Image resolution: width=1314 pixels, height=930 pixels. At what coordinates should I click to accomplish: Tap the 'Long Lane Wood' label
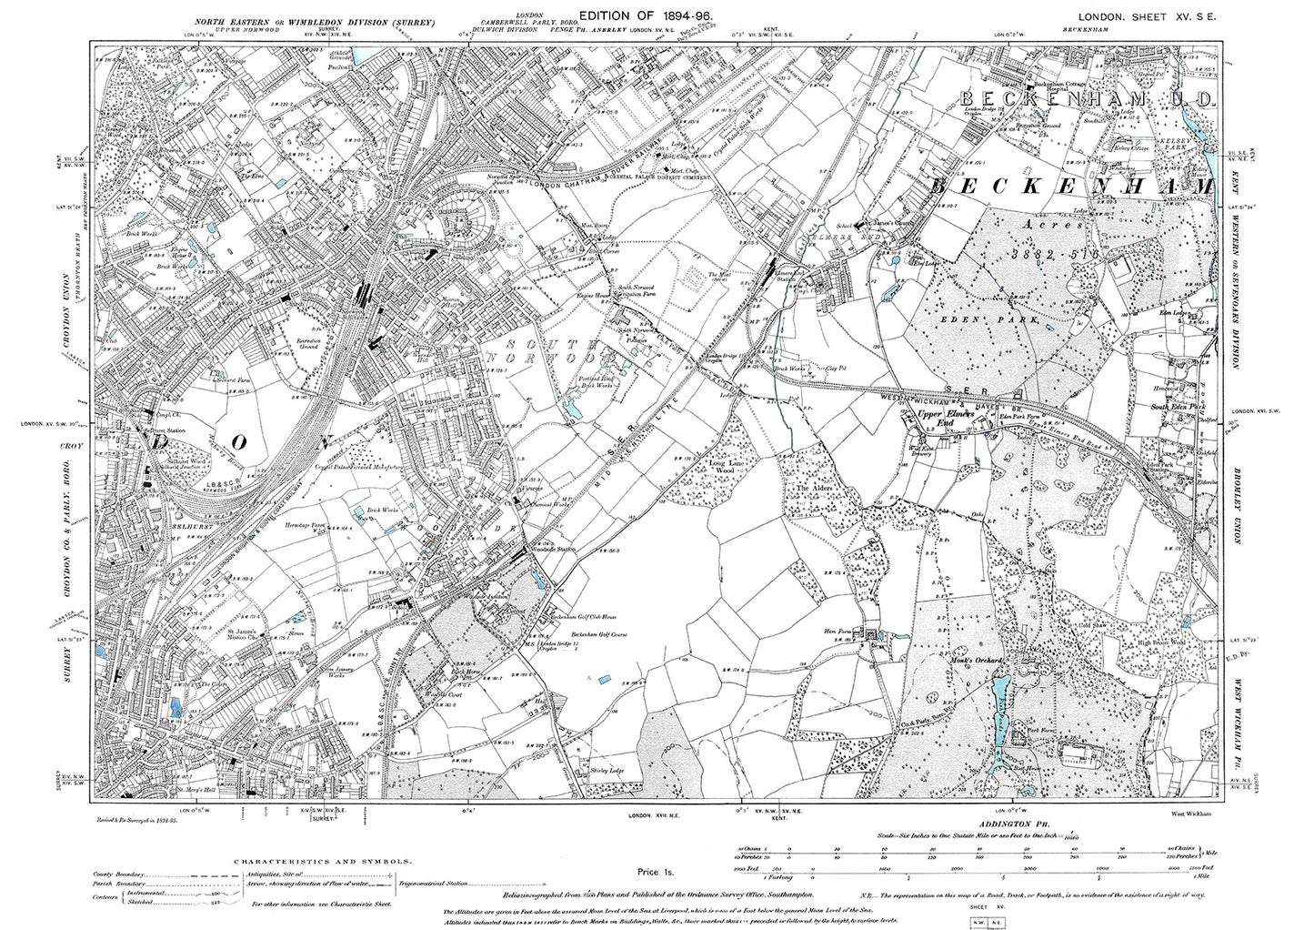[726, 467]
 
